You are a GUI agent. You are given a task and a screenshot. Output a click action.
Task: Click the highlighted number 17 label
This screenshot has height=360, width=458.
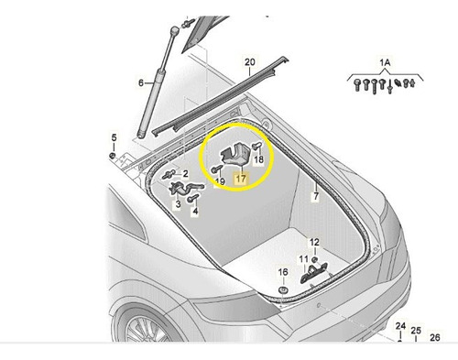pyautogui.click(x=241, y=179)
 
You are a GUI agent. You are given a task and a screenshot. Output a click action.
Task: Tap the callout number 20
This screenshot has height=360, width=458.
pyautogui.click(x=250, y=62)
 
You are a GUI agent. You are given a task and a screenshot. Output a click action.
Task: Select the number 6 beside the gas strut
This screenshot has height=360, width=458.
pyautogui.click(x=141, y=82)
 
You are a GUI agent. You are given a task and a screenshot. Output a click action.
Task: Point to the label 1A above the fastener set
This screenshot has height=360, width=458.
pyautogui.click(x=385, y=63)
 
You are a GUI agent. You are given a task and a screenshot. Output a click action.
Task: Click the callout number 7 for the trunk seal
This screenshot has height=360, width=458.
pyautogui.click(x=316, y=196)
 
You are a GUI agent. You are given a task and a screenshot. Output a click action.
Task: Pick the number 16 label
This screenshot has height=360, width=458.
pyautogui.click(x=283, y=272)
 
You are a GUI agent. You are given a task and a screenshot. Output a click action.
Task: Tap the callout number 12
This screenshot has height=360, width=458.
pyautogui.click(x=314, y=243)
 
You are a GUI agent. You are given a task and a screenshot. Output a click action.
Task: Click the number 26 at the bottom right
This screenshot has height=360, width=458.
pyautogui.click(x=435, y=337)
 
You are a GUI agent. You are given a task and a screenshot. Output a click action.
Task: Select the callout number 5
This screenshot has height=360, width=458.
pyautogui.click(x=114, y=137)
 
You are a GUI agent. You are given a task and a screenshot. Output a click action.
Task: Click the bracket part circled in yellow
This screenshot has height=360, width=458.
pyautogui.click(x=234, y=155)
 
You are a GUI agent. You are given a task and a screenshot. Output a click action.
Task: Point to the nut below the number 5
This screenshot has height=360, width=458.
pyautogui.click(x=113, y=156)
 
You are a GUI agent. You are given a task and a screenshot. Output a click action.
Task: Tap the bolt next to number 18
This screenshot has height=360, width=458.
pyautogui.click(x=256, y=147)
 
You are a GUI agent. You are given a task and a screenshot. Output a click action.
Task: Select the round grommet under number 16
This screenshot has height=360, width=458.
pyautogui.click(x=283, y=290)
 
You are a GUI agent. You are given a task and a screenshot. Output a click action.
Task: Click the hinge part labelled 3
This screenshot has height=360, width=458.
pyautogui.click(x=185, y=189)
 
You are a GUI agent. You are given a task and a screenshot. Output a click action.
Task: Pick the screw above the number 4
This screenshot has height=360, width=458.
pyautogui.click(x=193, y=198)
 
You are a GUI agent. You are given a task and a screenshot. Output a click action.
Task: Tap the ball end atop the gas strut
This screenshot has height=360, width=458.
pyautogui.click(x=174, y=31)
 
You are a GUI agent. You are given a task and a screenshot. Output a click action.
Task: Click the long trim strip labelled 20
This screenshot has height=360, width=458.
pyautogui.click(x=221, y=94)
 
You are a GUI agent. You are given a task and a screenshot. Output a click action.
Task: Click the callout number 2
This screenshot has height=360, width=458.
pyautogui.click(x=185, y=174)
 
